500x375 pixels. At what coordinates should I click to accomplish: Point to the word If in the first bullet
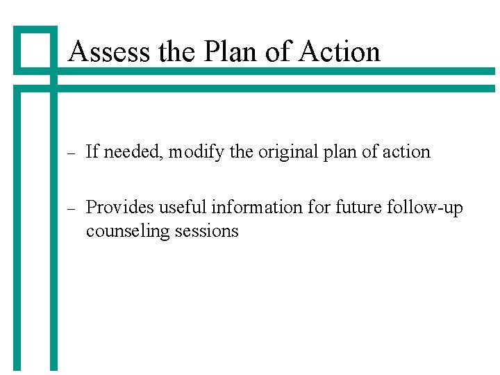(91, 151)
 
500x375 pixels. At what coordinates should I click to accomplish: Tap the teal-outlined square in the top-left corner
(35, 49)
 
